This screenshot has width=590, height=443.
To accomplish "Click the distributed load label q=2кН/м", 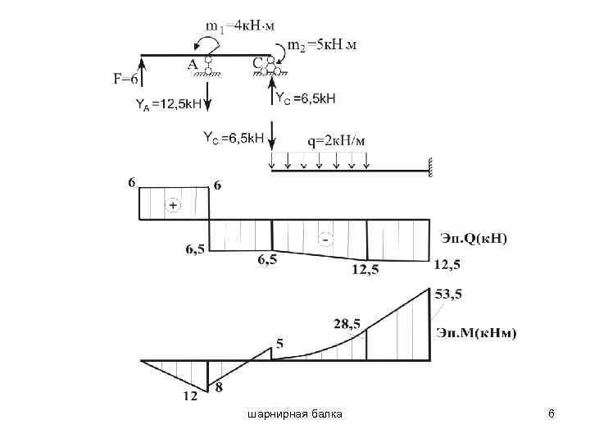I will (336, 140).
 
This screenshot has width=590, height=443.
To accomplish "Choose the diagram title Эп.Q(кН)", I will (474, 238).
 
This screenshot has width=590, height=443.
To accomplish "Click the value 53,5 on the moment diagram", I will (447, 294).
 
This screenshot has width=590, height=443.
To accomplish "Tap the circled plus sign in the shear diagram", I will (173, 206).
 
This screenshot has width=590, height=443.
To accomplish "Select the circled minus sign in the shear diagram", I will (325, 239).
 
